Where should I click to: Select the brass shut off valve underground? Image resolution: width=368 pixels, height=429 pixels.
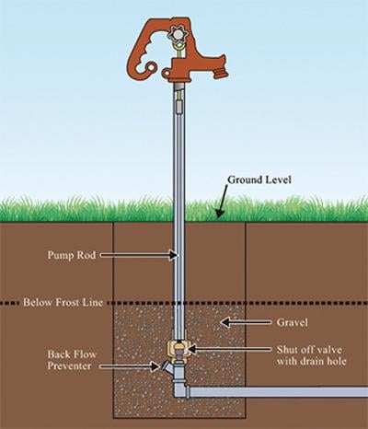[179, 350]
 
